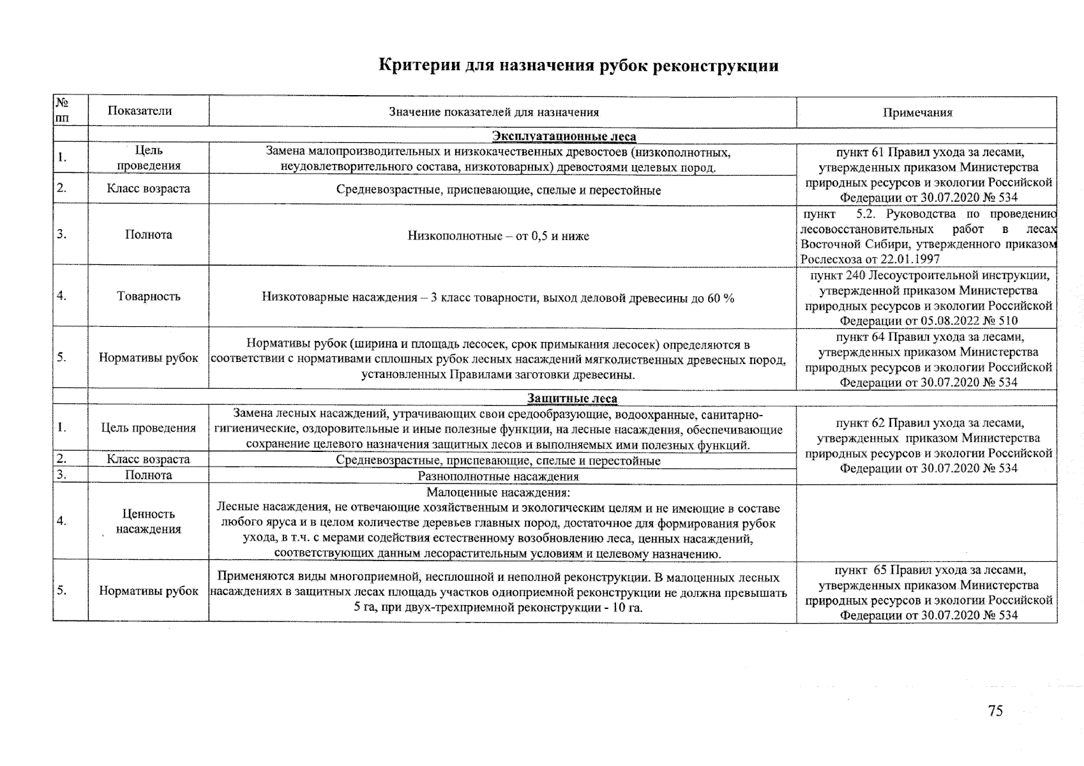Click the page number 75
pyautogui.click(x=995, y=710)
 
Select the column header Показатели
pyautogui.click(x=140, y=111)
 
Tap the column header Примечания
pyautogui.click(x=917, y=113)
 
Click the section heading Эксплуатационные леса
pyautogui.click(x=564, y=136)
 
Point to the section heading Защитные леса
pyautogui.click(x=571, y=399)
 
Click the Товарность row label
pyautogui.click(x=149, y=296)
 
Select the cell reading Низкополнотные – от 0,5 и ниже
pyautogui.click(x=498, y=236)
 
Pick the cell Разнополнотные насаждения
pyautogui.click(x=498, y=476)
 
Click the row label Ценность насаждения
pyautogui.click(x=149, y=522)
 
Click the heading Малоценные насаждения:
pyautogui.click(x=498, y=493)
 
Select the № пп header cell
pyautogui.click(x=63, y=110)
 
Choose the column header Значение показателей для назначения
pyautogui.click(x=494, y=113)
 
